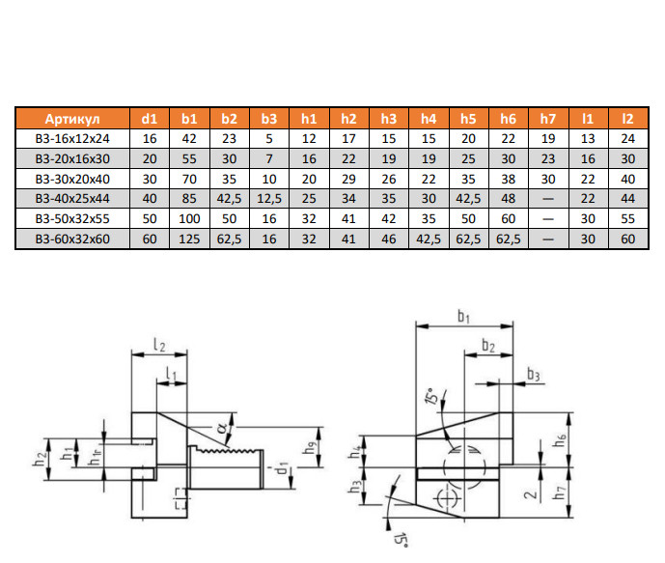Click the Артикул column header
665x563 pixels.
(72, 119)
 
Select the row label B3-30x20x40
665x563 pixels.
(72, 179)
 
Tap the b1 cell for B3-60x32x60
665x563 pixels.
(189, 239)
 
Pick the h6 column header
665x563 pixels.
(509, 119)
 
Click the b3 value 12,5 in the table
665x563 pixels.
(269, 199)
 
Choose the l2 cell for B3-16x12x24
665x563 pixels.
(628, 139)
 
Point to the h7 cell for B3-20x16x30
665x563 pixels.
(548, 159)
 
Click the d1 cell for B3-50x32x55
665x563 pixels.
(150, 219)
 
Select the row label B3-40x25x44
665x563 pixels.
(72, 199)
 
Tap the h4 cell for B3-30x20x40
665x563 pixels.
(429, 179)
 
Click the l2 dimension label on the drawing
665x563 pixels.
(159, 344)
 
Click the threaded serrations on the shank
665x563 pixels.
(229, 449)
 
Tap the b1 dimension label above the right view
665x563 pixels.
(463, 317)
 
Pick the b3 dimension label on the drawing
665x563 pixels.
(534, 374)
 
